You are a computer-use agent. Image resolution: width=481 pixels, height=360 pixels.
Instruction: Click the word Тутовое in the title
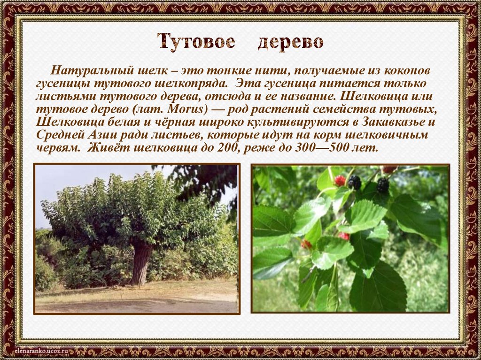coord(196,42)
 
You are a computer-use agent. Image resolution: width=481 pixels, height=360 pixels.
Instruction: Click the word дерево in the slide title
coord(290,43)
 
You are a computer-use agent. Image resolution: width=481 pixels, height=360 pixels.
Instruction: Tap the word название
coord(298,96)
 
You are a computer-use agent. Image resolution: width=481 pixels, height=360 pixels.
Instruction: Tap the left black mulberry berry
coord(354,182)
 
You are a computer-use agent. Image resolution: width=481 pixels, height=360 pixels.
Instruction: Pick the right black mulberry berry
coord(383,185)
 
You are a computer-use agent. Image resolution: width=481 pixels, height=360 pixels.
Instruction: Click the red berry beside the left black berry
coord(340,181)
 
